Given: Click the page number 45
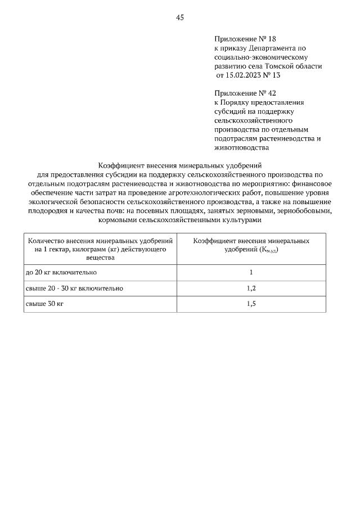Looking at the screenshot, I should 180,17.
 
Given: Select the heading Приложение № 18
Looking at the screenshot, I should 245,39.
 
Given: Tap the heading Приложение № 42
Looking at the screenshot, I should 245,93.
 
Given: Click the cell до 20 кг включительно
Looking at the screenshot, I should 62,272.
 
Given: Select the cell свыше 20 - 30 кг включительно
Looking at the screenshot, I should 74,289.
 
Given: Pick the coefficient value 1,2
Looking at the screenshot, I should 251,289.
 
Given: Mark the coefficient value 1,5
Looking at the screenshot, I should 251,304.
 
